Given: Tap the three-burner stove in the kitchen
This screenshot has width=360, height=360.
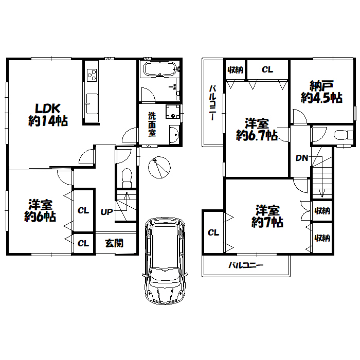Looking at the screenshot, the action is click(x=92, y=75).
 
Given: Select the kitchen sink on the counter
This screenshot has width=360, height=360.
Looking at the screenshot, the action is click(x=92, y=103).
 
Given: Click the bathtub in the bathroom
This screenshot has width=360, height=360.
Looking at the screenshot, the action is click(x=160, y=68).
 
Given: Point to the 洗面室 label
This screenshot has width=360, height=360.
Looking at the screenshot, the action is click(x=152, y=124).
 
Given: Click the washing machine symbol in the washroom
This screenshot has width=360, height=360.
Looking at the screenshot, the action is click(x=173, y=112).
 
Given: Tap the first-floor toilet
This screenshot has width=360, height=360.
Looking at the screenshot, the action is click(x=127, y=178).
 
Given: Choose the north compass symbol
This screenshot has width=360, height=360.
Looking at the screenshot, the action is click(x=159, y=167).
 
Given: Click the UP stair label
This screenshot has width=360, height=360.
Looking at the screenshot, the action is click(x=107, y=212).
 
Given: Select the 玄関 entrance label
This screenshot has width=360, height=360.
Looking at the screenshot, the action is click(x=114, y=243).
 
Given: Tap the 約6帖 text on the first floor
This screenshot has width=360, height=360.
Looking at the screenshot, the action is click(x=40, y=217).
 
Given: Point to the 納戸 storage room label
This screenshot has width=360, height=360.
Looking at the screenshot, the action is click(x=321, y=86).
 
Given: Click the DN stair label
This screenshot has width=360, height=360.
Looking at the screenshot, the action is click(x=302, y=158).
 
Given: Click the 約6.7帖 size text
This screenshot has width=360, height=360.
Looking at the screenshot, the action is click(x=257, y=135).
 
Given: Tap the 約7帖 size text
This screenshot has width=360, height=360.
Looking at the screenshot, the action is click(x=267, y=222).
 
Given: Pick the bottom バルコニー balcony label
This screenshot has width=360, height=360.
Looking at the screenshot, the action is click(x=246, y=265).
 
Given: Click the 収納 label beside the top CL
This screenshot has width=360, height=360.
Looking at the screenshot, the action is click(x=236, y=70).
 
